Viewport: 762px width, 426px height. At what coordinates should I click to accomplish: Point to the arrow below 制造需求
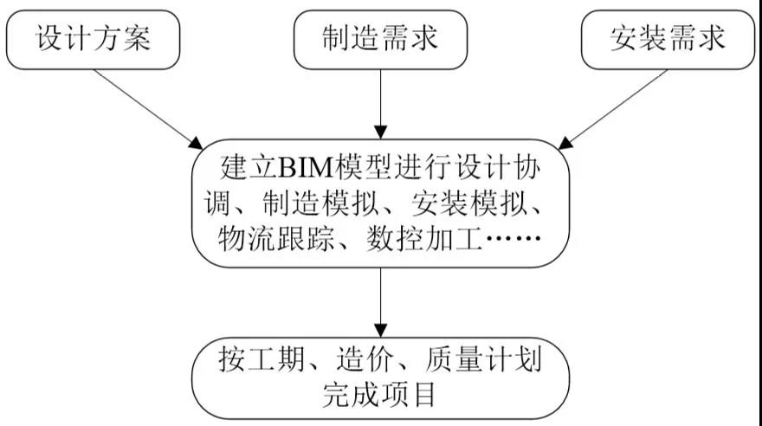(x=380, y=104)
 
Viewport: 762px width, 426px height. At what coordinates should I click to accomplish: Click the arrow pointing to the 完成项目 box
(x=380, y=303)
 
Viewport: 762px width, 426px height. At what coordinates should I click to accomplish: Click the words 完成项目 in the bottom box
(x=378, y=395)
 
